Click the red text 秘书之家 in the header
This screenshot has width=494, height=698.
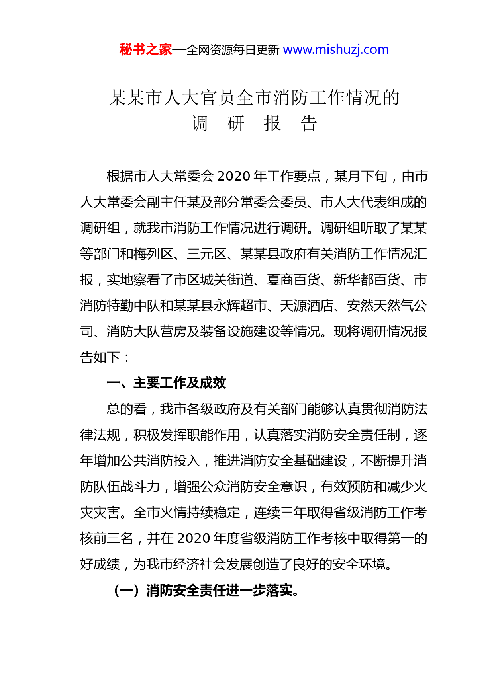tap(145, 49)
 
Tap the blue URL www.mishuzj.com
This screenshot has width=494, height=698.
tap(335, 49)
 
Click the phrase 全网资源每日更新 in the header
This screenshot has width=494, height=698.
tap(233, 50)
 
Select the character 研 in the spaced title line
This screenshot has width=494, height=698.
tap(236, 123)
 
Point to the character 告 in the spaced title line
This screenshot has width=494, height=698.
tap(309, 123)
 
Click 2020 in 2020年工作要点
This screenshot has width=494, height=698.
tap(235, 176)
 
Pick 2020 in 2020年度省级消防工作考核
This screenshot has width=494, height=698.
tap(194, 538)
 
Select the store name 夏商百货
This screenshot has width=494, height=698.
tap(293, 280)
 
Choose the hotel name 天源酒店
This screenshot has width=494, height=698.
tap(307, 306)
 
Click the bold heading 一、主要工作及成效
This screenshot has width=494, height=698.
tap(167, 383)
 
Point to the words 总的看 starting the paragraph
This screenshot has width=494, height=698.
tap(127, 409)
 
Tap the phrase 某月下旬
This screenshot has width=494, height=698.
tap(361, 176)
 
